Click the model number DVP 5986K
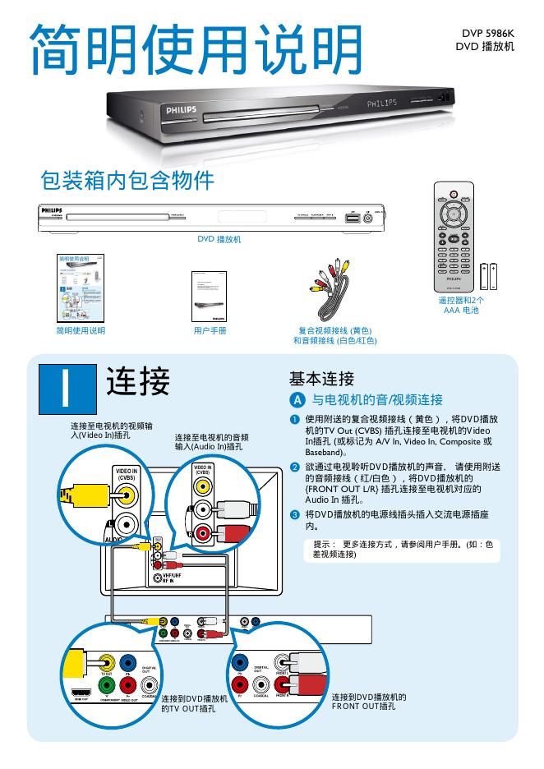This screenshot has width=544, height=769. [x=485, y=33]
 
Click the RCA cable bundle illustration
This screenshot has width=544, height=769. [x=333, y=290]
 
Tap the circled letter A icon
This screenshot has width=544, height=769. [x=297, y=400]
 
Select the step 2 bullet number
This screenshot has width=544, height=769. [x=294, y=467]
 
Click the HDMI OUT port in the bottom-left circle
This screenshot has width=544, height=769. [x=80, y=693]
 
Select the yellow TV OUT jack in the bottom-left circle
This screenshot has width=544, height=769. [x=105, y=661]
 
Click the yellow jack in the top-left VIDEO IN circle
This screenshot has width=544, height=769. [x=127, y=495]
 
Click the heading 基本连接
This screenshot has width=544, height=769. [x=321, y=379]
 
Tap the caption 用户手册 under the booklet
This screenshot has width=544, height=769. [x=210, y=330]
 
